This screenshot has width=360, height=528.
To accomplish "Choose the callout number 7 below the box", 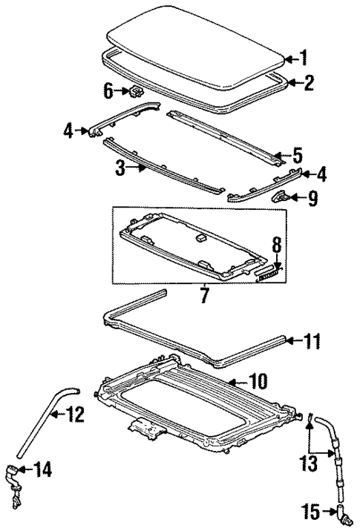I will pos(203,297).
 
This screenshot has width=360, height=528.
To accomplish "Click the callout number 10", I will pos(255,382).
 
